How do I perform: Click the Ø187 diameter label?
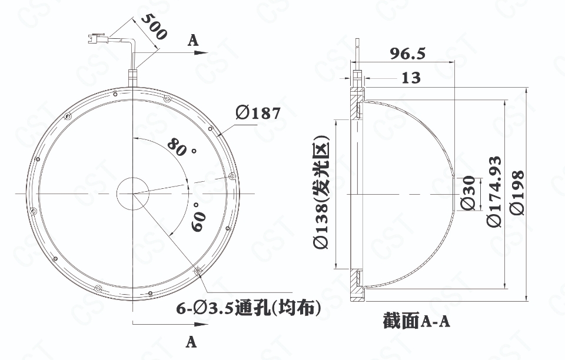(x=258, y=113)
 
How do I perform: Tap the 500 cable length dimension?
(x=154, y=26)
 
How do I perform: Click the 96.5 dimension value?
(x=407, y=54)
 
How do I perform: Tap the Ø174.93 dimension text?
(x=494, y=192)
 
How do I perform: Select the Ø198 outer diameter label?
(x=517, y=192)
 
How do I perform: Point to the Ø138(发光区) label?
(x=321, y=192)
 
